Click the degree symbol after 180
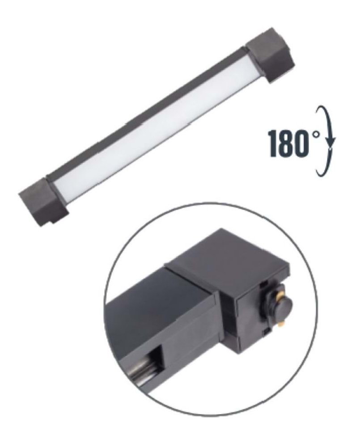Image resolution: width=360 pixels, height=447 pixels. coord(315,133)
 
